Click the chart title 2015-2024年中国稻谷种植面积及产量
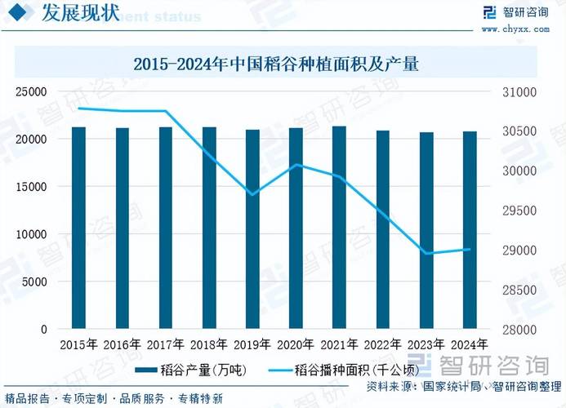point(275,64)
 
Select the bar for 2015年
point(78,228)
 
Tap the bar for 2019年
point(253,229)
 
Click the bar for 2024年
point(470,230)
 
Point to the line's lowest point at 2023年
point(426,253)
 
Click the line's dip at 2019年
point(253,194)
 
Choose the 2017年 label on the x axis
point(166,344)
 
